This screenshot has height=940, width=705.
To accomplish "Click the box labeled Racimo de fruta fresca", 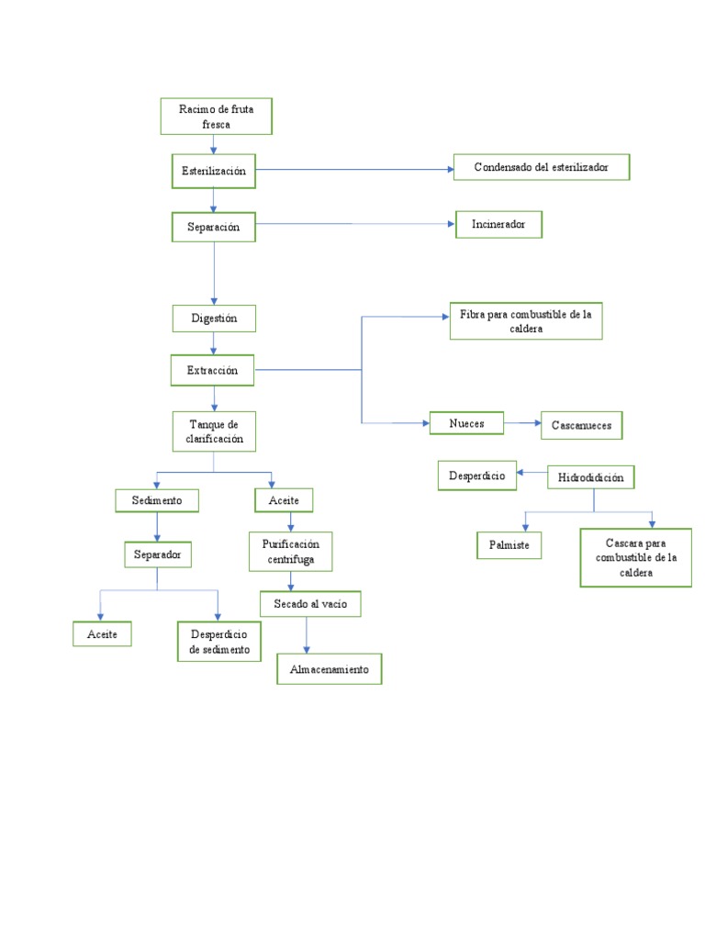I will [216, 116].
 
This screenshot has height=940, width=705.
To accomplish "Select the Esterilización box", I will [214, 171].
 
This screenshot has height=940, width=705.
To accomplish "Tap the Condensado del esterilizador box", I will [541, 167].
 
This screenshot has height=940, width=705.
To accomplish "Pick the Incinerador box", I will [498, 225].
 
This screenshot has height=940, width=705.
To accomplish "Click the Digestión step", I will [214, 319].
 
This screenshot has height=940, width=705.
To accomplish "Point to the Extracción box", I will [214, 370].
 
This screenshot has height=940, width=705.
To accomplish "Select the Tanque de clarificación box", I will [214, 431].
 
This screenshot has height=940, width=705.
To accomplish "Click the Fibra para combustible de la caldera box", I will [526, 321].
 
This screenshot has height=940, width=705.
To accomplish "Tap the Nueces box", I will [467, 423].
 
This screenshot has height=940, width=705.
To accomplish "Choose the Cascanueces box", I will [582, 425].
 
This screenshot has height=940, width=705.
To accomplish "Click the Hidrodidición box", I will [591, 477].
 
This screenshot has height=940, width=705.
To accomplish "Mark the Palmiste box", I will [509, 545].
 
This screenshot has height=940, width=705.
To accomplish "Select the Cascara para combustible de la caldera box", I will [635, 557].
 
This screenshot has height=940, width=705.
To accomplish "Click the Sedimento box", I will [157, 500].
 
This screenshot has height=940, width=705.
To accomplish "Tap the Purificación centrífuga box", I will [291, 551].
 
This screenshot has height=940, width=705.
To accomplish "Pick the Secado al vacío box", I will [310, 603].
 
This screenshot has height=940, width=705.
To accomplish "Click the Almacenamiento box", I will [329, 670].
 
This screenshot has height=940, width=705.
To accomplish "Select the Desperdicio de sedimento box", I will [218, 642].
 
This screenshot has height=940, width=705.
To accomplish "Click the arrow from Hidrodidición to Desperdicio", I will [532, 475].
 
